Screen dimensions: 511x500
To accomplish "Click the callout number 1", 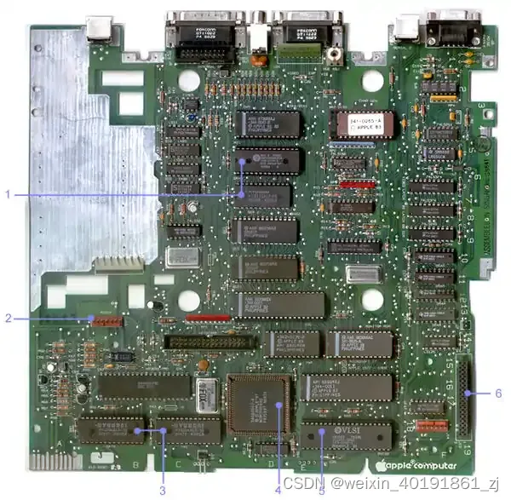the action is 7,194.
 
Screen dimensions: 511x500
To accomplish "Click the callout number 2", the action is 7,319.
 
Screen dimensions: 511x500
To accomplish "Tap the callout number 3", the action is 162,489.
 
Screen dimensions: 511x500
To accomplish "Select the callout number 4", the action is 277,489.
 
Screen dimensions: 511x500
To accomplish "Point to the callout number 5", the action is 322,489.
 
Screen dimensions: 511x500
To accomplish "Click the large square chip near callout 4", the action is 259,404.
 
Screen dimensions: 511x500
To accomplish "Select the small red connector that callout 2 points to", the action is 105,319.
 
